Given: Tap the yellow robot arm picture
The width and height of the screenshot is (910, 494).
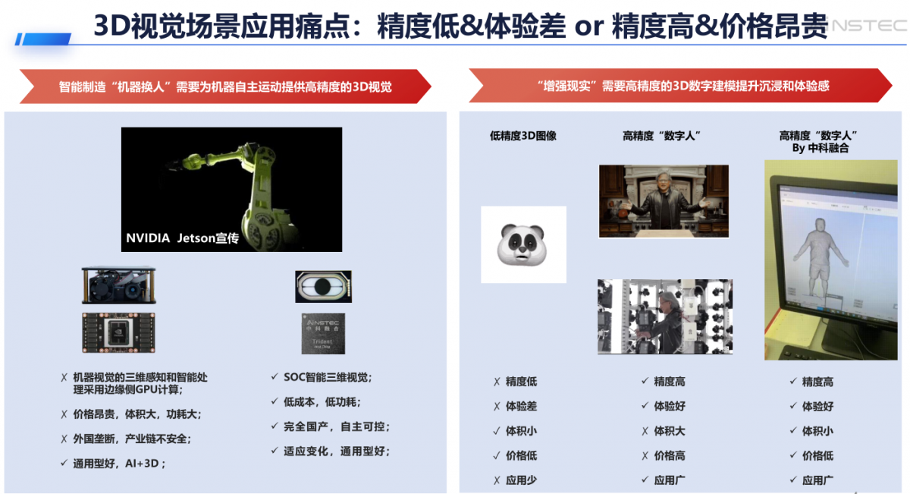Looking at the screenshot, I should [231, 189].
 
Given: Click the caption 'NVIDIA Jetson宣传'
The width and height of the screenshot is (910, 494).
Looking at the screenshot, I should [182, 238].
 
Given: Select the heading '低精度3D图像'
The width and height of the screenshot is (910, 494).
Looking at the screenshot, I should [523, 136].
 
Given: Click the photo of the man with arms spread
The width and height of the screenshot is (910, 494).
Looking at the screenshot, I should [664, 201].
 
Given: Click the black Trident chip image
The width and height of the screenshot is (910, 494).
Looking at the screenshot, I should [323, 333].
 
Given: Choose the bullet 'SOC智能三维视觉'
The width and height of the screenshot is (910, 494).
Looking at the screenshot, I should [327, 377].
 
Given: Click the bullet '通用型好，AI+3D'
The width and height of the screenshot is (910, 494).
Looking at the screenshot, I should [118, 463].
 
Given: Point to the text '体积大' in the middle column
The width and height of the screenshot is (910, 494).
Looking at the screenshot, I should [669, 431].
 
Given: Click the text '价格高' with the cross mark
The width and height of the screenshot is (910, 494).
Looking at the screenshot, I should [669, 455].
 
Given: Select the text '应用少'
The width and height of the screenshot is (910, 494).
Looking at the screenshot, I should [521, 480].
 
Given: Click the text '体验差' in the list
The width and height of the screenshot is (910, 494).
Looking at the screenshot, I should [521, 406].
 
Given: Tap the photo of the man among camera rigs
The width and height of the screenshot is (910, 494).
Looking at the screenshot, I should [664, 316].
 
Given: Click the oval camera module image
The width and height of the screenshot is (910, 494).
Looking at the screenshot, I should [323, 287].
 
